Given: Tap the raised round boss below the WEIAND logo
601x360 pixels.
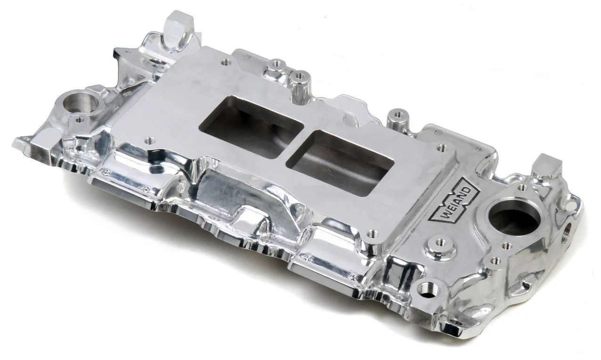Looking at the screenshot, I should click(439, 243).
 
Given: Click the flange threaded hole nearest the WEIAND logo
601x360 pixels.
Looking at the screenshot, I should click(441, 148).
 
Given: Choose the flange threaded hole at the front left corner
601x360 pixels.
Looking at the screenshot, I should click(150, 140).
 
